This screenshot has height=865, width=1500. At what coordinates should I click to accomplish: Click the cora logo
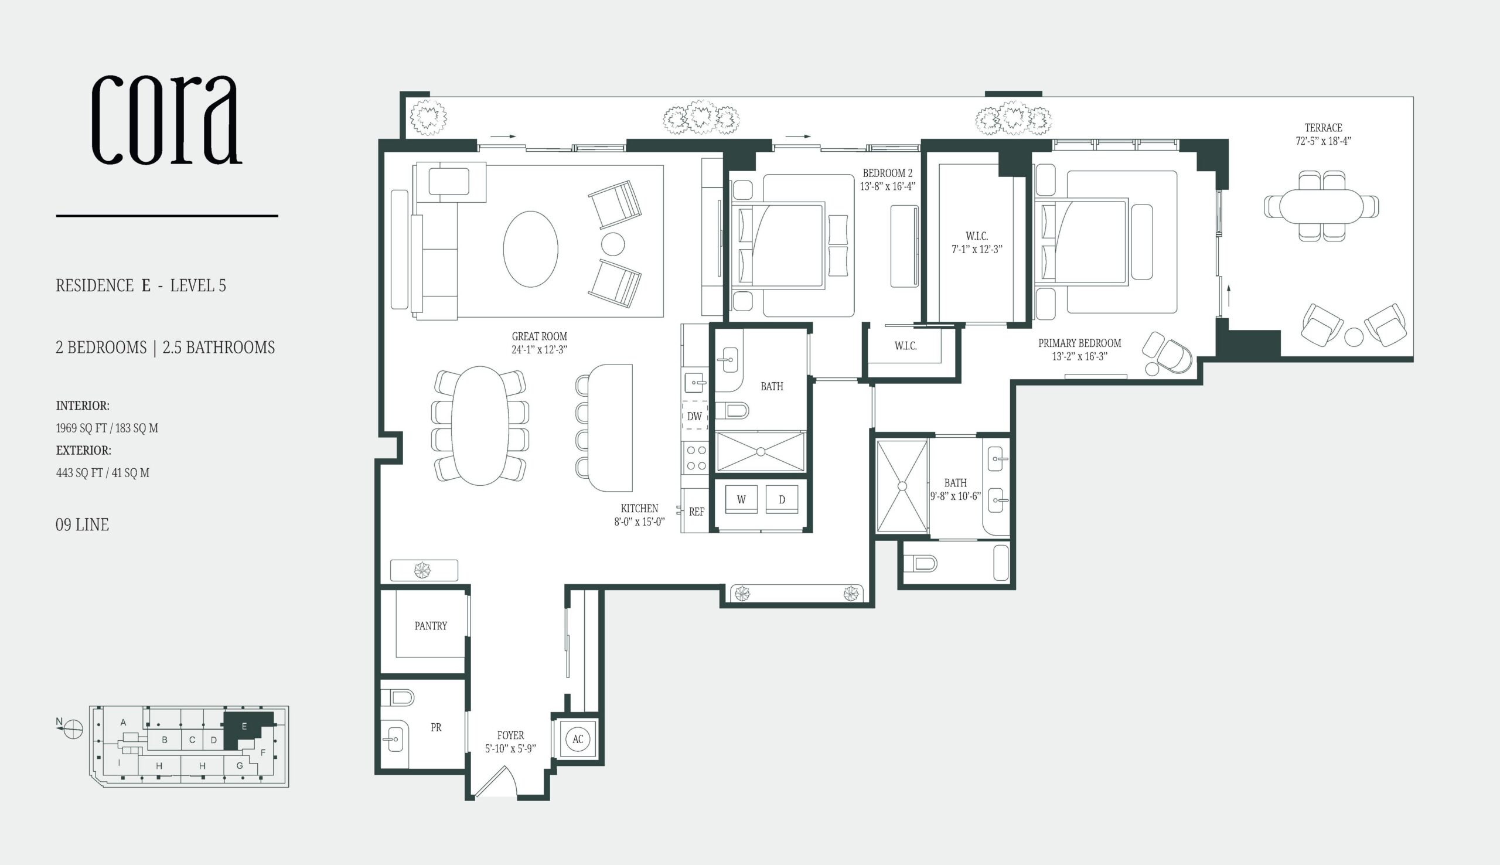tap(167, 120)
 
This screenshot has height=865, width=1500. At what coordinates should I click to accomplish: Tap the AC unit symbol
tap(578, 740)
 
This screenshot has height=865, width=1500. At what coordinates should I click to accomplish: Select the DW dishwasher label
tap(694, 417)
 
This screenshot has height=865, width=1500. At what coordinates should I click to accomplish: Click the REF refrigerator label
tap(696, 512)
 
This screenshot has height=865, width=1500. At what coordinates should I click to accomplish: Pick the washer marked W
tap(741, 499)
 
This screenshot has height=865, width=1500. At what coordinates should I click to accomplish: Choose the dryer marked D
tap(782, 499)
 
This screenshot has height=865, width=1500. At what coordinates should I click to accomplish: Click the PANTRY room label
tap(431, 625)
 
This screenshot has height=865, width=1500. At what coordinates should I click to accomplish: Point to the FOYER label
tap(510, 735)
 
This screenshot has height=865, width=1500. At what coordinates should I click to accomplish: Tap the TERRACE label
tap(1323, 128)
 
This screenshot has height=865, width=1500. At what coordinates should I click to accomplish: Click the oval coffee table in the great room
tap(530, 249)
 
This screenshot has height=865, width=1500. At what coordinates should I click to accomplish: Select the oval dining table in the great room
tap(480, 425)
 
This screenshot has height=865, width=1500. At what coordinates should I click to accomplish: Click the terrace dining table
tap(1321, 206)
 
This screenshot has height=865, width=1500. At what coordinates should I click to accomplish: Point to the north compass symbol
tap(73, 728)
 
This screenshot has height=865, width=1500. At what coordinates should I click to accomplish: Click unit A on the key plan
tap(123, 723)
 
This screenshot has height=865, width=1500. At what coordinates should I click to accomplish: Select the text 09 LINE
tap(82, 525)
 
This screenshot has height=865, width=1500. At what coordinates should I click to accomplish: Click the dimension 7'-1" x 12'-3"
tap(977, 250)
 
